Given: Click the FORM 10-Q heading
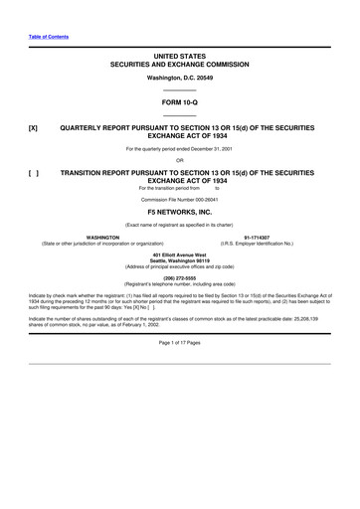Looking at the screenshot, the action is [179, 102].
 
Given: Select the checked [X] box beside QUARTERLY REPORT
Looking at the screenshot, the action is [34, 128].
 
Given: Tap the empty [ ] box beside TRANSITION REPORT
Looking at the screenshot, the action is [34, 172].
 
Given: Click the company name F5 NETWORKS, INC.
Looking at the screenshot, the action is [179, 212].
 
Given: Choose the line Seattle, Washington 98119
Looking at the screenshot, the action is [179, 261].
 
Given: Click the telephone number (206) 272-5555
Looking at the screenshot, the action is [179, 278].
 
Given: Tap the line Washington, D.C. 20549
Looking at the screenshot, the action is [179, 77].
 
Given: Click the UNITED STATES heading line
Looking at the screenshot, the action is [179, 55].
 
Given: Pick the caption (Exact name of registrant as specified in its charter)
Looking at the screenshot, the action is [179, 224].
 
